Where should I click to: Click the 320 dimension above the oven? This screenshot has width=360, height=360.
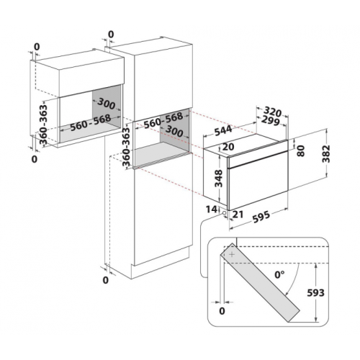(272, 112)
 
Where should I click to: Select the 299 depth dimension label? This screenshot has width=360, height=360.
(271, 120)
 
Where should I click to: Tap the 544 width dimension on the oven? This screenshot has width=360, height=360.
(223, 130)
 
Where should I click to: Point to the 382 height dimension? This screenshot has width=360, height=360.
(326, 154)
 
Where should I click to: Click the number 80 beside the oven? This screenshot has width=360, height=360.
(300, 151)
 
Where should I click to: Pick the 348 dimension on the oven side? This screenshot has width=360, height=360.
(219, 179)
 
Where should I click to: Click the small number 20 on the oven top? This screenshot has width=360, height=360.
(228, 147)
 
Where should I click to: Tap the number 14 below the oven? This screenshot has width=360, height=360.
(211, 210)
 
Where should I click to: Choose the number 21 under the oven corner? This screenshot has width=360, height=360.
(238, 215)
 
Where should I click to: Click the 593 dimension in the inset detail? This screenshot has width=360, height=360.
(315, 293)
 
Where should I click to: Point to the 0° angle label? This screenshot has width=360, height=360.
(279, 275)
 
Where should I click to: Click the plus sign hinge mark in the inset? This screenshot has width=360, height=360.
(232, 254)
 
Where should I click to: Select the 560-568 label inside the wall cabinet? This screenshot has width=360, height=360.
(91, 122)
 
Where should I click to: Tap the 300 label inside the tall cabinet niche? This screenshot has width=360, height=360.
(174, 131)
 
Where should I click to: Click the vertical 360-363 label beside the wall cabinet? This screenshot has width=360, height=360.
(43, 124)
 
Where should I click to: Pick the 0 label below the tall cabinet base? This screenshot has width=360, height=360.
(106, 280)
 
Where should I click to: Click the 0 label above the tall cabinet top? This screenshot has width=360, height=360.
(111, 35)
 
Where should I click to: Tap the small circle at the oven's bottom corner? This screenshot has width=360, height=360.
(225, 212)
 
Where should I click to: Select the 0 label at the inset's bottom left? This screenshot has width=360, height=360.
(222, 311)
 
